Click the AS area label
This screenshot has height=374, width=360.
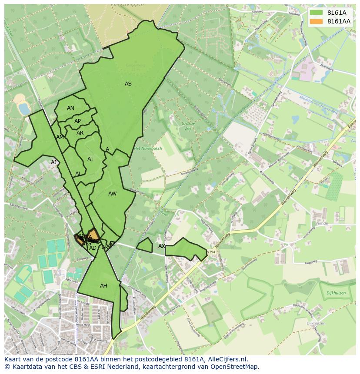click(x=128, y=84)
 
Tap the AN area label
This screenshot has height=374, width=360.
click(x=70, y=108)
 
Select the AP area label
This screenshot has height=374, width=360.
click(x=77, y=121)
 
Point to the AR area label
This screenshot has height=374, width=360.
click(x=80, y=133)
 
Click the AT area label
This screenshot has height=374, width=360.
click(x=90, y=159)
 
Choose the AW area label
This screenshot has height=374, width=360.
click(x=113, y=194)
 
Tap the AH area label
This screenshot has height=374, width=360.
click(x=103, y=286)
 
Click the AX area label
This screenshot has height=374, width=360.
click(x=162, y=246)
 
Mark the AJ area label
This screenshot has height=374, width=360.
click(x=54, y=162)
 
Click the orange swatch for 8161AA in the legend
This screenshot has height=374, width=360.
click(x=317, y=21)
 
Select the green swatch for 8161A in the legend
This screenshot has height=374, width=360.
click(x=317, y=13)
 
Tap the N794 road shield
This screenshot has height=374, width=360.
click(x=211, y=252)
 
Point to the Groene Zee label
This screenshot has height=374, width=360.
click(x=188, y=126)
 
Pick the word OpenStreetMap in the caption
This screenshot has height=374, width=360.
click(x=235, y=367)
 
